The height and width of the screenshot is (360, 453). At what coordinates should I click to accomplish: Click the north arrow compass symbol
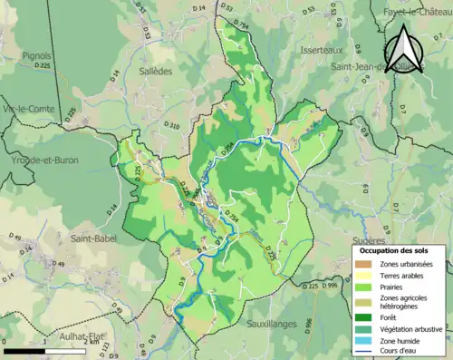coord(405,46)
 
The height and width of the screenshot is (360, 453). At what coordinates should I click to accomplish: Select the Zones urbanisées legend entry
coord(407,264)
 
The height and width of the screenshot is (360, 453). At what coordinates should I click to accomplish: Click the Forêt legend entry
coord(392,317)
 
